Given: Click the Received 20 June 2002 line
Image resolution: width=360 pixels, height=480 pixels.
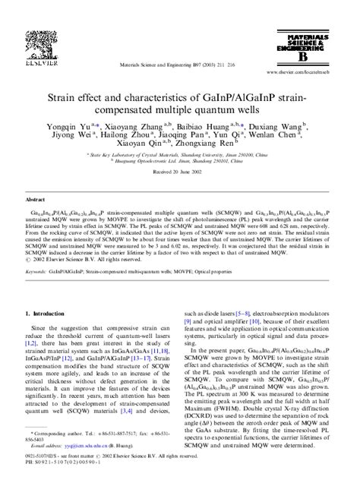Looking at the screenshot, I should [x=175, y=194].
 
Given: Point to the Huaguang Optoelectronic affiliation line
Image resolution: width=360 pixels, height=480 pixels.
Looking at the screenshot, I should [x=175, y=182].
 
